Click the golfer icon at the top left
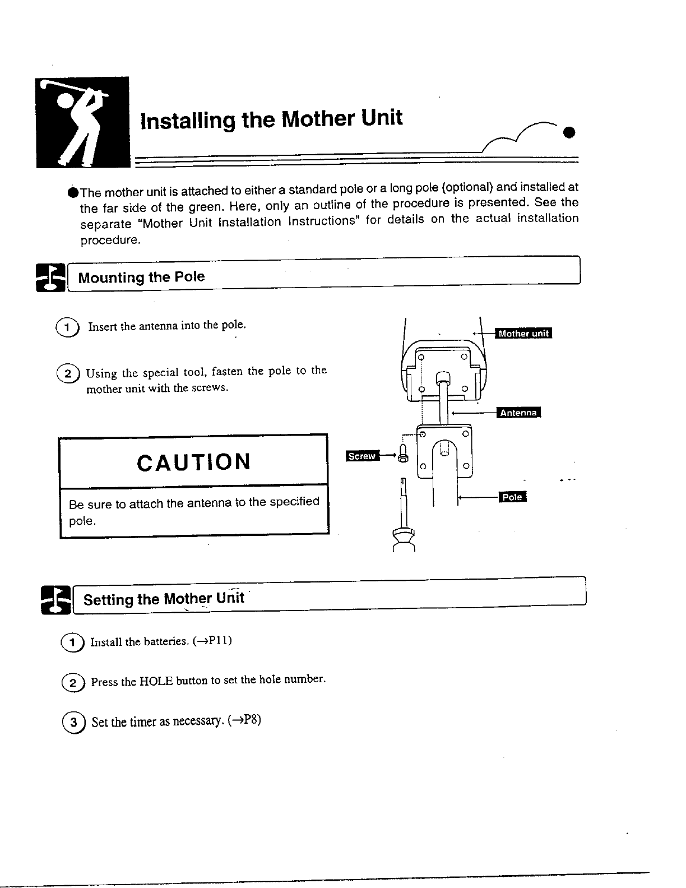point(82,122)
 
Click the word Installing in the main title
point(187,121)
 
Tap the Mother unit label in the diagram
point(524,334)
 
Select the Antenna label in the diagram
point(519,413)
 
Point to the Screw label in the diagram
point(362,456)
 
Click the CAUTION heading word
point(193,462)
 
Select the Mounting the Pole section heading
point(141,277)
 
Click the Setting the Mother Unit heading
point(164,599)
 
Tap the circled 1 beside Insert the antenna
point(68,327)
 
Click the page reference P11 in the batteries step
point(218,641)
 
